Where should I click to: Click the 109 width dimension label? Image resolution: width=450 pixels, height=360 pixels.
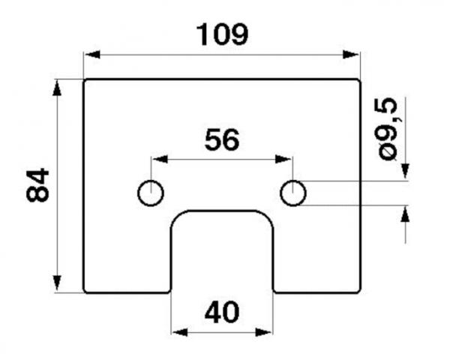pos(223,34)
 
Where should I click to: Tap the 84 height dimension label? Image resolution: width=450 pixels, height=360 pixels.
pos(37,185)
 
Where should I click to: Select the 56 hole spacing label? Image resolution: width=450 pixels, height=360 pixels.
pos(222,140)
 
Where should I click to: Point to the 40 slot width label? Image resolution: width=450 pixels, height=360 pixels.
pos(222,312)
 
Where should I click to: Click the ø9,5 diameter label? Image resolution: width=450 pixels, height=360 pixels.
pos(388,129)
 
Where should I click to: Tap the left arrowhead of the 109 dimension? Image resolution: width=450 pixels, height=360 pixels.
pos(92,54)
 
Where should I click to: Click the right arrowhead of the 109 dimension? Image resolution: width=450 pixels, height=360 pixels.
pos(351,54)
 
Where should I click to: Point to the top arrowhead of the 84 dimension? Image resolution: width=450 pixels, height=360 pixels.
pos(57,88)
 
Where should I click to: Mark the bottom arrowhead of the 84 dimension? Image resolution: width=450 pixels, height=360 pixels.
pos(57,283)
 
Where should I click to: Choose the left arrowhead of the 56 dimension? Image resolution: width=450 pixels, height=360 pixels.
pos(160,159)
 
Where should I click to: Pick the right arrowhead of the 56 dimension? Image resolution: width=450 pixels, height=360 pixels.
pos(283,159)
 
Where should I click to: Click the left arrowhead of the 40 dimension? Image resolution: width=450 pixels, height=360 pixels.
pos(180,332)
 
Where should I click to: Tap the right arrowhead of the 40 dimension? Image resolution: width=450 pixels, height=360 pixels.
pos(263,332)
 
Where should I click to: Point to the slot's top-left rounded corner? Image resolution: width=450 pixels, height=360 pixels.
pos(177,217)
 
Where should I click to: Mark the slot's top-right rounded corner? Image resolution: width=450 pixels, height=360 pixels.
pos(268,217)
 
